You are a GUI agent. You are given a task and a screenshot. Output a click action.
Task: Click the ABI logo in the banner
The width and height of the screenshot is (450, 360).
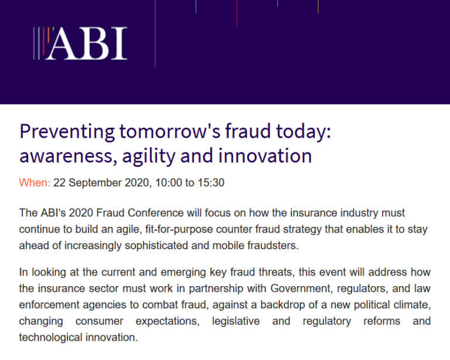click(80, 43)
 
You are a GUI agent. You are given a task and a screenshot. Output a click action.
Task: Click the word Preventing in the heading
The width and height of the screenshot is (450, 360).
click(67, 132)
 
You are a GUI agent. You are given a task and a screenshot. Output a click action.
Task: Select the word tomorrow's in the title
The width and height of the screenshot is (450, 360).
click(170, 131)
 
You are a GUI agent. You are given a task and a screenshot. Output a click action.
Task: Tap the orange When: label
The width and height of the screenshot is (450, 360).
click(35, 182)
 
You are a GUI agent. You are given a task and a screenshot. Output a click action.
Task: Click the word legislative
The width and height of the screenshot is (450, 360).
click(236, 321)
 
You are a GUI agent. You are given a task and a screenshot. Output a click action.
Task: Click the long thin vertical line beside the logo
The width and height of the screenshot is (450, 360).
click(155, 33)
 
